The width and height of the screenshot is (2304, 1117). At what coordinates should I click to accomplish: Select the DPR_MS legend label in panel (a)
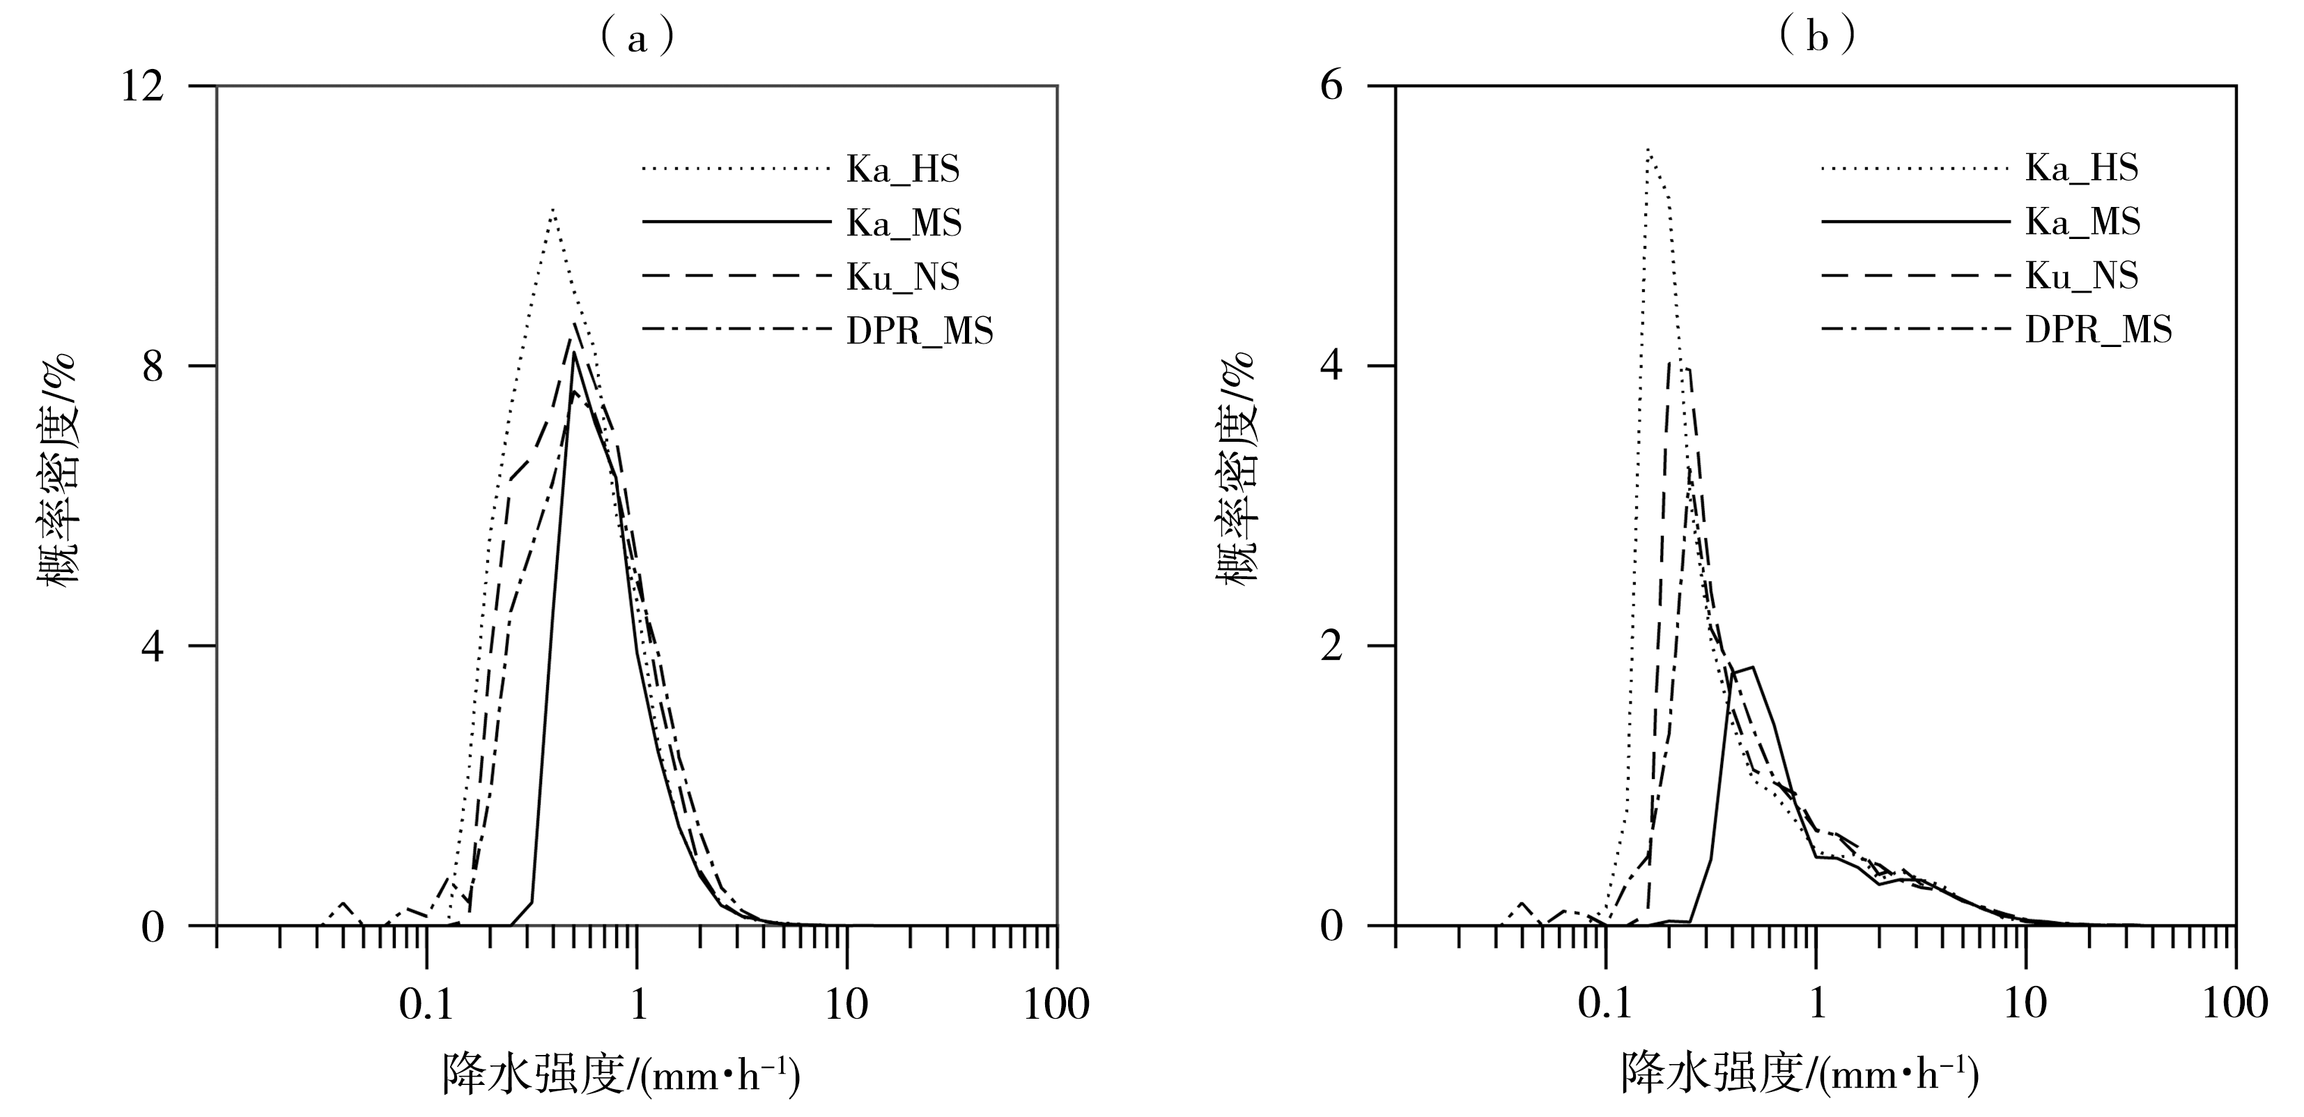[920, 332]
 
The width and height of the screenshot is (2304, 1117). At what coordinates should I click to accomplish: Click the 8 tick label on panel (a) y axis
[154, 367]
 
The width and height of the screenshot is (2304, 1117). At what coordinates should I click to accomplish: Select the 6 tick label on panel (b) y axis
[1333, 88]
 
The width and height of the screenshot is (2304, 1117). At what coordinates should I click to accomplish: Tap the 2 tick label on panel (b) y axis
[1333, 646]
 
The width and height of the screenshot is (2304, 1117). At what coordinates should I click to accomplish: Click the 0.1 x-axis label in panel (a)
[425, 1006]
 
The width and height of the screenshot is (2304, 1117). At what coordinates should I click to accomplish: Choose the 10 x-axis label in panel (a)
[845, 1006]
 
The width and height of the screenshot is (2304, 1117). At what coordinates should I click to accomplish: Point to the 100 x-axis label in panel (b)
[2234, 1006]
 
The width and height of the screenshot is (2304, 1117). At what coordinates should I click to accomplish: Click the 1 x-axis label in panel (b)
[1816, 1006]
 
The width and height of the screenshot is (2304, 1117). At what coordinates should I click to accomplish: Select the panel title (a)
[636, 38]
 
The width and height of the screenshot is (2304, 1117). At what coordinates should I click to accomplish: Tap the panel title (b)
[1816, 38]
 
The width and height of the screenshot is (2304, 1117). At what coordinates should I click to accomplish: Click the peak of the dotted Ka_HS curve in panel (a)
[554, 209]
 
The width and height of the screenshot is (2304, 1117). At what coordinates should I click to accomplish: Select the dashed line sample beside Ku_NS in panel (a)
[736, 277]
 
